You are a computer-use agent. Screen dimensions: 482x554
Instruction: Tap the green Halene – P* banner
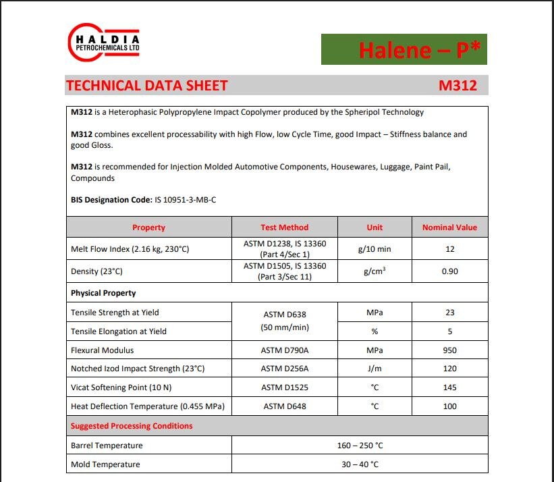click(x=404, y=49)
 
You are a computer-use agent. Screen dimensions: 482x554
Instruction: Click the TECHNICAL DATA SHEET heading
click(x=146, y=86)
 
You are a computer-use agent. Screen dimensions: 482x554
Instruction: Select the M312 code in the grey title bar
click(x=458, y=86)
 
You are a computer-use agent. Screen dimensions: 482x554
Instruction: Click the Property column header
click(x=148, y=227)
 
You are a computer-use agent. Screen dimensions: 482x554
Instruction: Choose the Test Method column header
click(x=284, y=227)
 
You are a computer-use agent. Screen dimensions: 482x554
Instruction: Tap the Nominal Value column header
click(x=449, y=227)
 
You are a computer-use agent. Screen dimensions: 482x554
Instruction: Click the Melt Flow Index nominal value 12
click(x=450, y=249)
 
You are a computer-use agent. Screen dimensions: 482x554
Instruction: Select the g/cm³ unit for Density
click(x=375, y=271)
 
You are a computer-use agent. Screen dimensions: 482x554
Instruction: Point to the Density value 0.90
click(x=450, y=271)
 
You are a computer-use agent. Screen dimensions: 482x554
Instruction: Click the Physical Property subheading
click(x=103, y=293)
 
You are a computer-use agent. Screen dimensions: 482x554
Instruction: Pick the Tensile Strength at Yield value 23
click(x=450, y=313)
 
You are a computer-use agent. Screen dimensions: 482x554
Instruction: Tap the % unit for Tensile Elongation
click(x=375, y=331)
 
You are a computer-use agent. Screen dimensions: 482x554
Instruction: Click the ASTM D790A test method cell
click(x=284, y=350)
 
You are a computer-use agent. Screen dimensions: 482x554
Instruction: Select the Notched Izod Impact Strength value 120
click(x=450, y=369)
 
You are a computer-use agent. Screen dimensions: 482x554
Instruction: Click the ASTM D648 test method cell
click(x=284, y=406)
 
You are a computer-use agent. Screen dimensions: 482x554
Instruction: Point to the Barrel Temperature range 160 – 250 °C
click(x=359, y=446)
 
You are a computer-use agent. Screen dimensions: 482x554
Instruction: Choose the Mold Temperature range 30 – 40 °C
click(x=359, y=464)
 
